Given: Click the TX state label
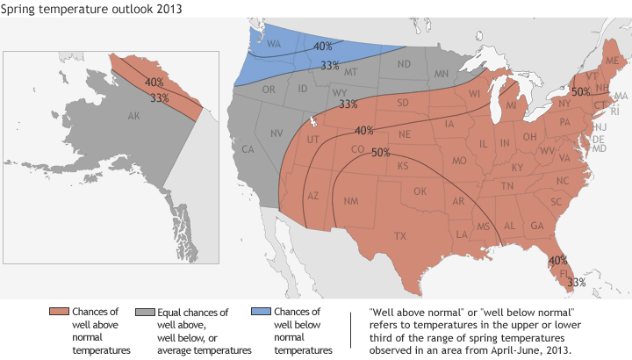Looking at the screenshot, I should click(400, 236).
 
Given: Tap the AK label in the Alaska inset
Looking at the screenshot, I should click(134, 116).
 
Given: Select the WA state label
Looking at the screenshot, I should click(273, 44).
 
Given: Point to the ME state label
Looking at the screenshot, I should click(611, 60).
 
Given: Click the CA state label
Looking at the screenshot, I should click(248, 149).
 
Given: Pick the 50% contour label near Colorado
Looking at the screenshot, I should click(381, 152).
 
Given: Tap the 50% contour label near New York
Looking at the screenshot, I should click(580, 90).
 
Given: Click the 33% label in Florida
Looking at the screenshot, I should click(576, 282).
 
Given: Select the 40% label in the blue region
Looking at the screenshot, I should click(322, 47).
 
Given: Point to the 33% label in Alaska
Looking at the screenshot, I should click(159, 97).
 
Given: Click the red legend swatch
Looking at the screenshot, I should click(59, 313).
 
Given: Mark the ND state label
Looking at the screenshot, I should click(405, 64).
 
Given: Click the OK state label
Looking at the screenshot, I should click(420, 191).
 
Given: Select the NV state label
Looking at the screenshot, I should click(276, 133).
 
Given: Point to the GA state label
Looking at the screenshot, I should click(536, 226).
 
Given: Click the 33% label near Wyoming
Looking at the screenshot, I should click(348, 104).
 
